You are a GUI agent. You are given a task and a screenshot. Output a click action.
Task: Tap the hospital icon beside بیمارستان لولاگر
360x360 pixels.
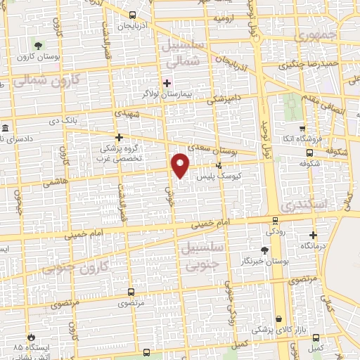pos(167,83)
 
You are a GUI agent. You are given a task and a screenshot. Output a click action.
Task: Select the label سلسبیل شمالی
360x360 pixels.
pos(189,53)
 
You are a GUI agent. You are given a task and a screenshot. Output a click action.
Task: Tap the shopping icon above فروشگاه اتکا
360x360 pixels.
pos(302,129)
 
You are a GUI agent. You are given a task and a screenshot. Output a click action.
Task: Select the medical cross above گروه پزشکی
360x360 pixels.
pos(119,138)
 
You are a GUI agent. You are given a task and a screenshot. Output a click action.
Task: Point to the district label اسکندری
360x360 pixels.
pos(303,206)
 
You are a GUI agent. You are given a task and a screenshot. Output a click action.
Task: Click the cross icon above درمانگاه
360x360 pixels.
pos(313,236)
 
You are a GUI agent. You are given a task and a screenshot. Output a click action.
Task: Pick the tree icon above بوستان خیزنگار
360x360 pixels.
pos(264,250)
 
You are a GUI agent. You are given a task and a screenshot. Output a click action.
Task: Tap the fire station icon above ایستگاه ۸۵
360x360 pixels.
pos(30,337)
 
